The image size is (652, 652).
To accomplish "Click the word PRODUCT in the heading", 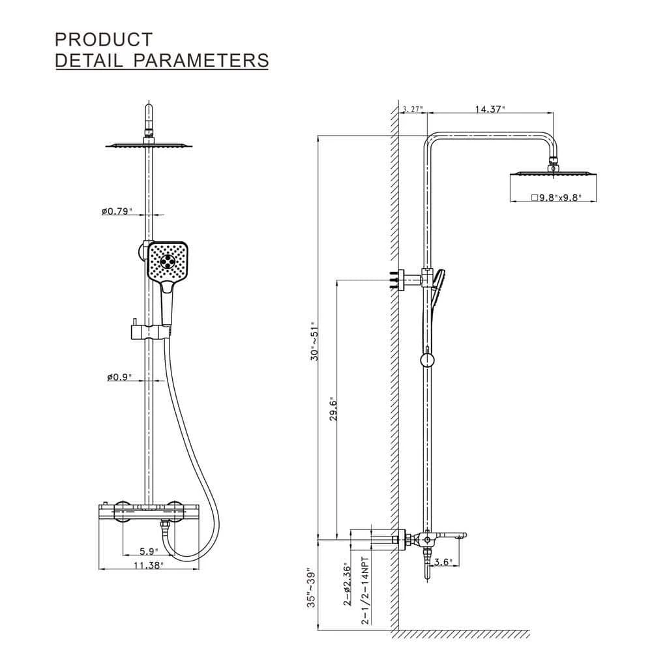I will pos(104,39).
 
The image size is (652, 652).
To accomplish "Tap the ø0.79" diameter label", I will pos(117,211).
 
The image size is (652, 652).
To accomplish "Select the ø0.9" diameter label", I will pos(119,377).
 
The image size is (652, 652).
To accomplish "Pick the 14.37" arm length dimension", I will pos(490,109).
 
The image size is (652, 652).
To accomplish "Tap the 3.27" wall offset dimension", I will pos(413,109).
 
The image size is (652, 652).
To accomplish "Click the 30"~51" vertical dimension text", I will pos(316,341).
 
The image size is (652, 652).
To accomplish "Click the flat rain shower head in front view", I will pos(149,145).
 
